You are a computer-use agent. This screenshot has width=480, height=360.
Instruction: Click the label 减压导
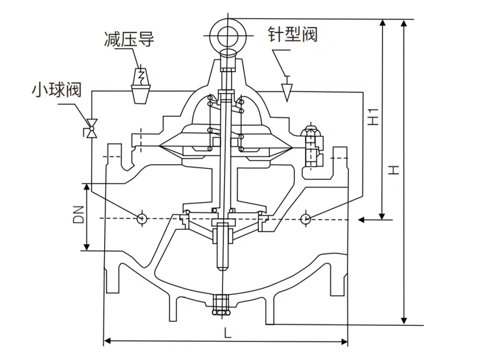pyautogui.click(x=129, y=39)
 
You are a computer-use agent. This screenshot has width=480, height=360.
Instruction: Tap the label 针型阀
pyautogui.click(x=293, y=35)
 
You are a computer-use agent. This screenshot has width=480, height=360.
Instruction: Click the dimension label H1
pyautogui.click(x=375, y=117)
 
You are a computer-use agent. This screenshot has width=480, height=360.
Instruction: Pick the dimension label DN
pyautogui.click(x=79, y=216)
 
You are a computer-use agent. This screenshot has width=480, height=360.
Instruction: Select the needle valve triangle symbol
pyautogui.click(x=287, y=90)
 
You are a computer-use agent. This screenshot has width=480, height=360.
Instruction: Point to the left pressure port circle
pyautogui.click(x=142, y=218)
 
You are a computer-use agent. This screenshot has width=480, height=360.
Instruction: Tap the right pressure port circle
pyautogui.click(x=306, y=218)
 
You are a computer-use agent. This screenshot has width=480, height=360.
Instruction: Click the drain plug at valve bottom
pyautogui.click(x=221, y=306)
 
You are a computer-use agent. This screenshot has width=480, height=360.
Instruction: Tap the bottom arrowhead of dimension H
pyautogui.click(x=405, y=320)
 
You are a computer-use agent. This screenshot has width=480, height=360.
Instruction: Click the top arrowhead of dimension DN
pyautogui.click(x=86, y=187)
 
